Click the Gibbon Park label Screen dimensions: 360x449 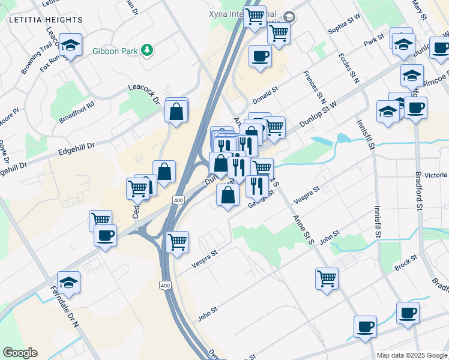[x=115, y=51]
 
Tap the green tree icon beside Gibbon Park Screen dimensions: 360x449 [x=146, y=50]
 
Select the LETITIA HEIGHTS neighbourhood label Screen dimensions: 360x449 [x=46, y=20]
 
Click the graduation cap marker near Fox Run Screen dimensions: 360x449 [x=71, y=46]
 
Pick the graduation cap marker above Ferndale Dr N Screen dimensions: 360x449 [x=69, y=283]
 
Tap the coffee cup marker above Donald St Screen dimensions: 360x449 [x=260, y=57]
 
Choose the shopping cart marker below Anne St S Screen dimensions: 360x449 [x=327, y=278]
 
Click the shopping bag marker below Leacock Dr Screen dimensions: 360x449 [x=176, y=112]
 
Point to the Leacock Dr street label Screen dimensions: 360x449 [x=142, y=92]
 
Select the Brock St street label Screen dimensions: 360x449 [x=406, y=262]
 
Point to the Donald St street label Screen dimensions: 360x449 [x=265, y=94]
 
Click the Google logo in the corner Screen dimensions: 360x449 [x=20, y=353]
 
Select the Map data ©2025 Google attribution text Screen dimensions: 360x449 [x=412, y=355]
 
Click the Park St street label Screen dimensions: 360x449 [x=373, y=41]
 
